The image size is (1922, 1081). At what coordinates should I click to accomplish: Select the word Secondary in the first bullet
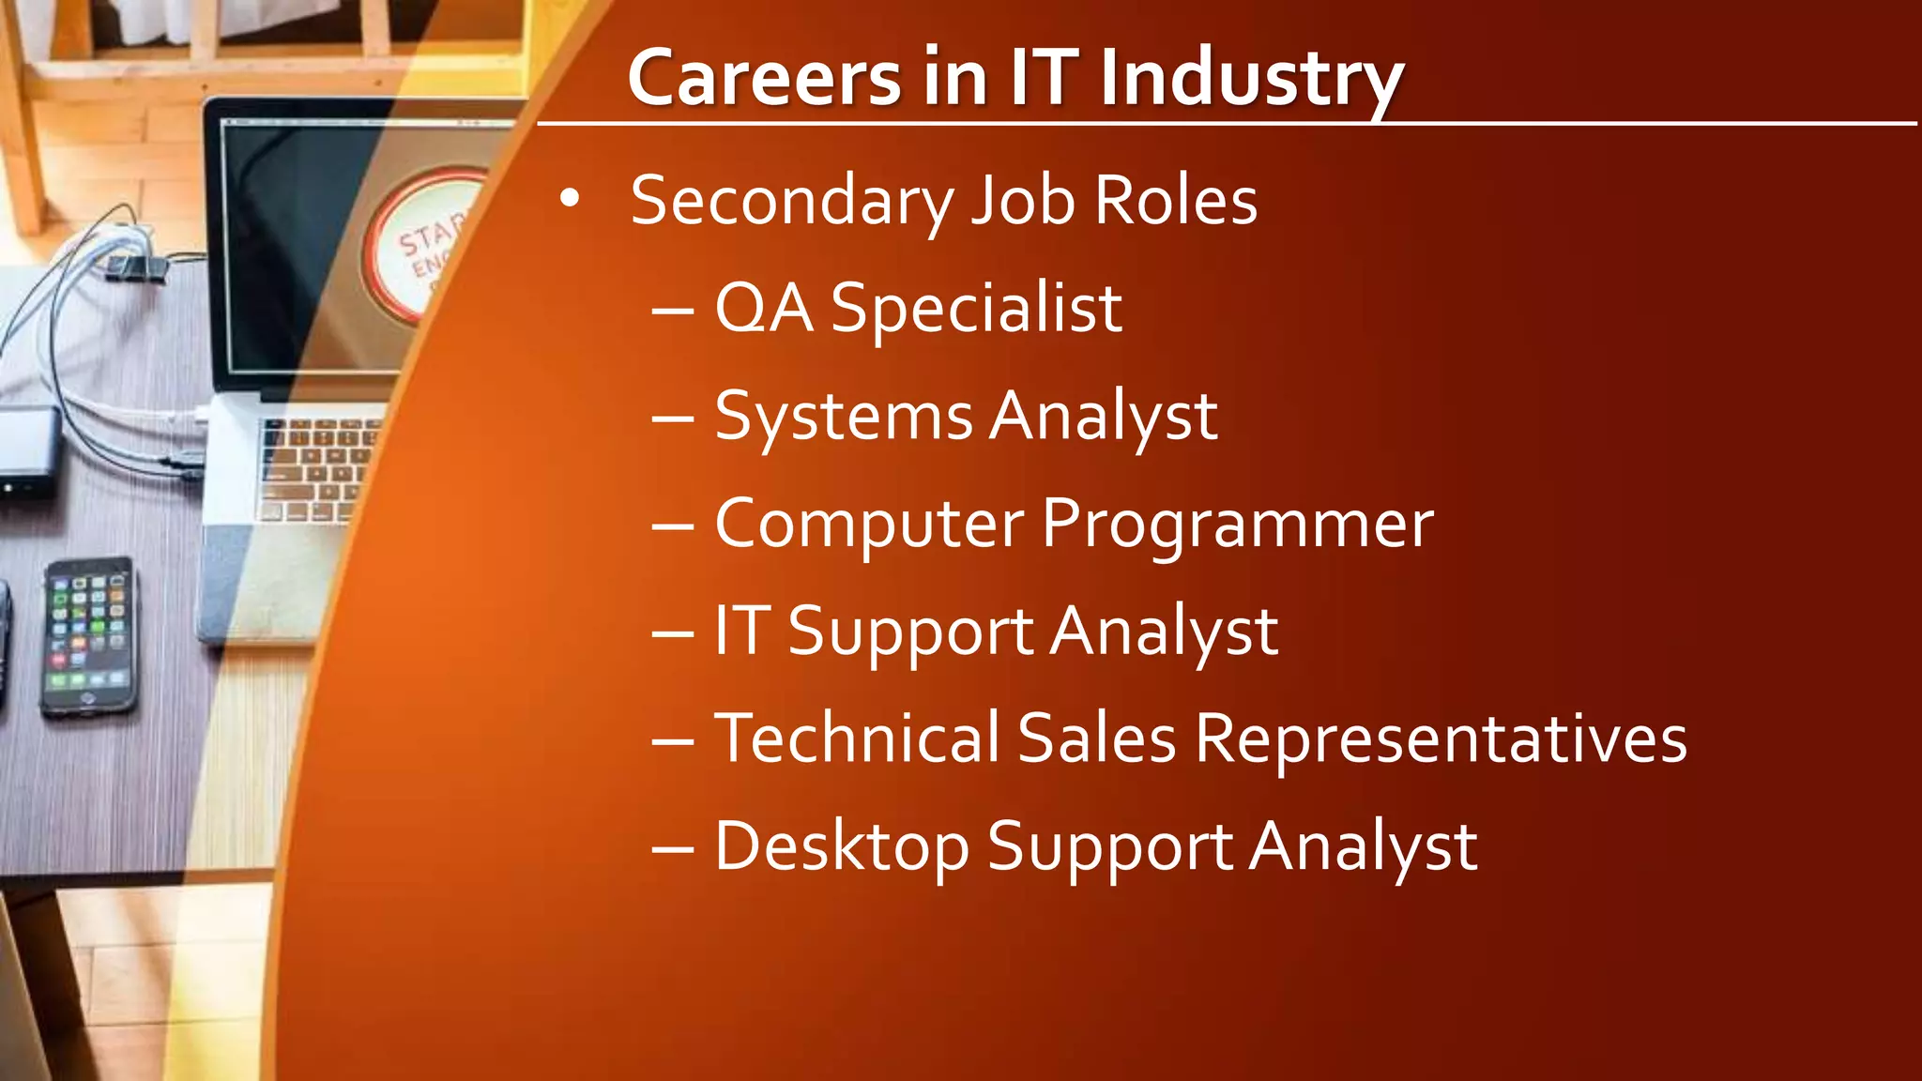(x=792, y=202)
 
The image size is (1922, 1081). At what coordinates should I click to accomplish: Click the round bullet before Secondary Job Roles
(x=570, y=199)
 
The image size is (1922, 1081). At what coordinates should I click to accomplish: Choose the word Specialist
(x=976, y=309)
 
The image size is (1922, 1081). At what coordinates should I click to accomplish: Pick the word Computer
(x=869, y=525)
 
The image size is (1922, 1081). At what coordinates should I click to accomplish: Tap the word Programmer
(x=1238, y=525)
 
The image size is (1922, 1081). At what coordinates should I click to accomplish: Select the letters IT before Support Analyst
(x=742, y=631)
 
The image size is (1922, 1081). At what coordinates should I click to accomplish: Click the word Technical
(x=857, y=738)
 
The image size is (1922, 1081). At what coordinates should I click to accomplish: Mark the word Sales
(x=1096, y=738)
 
